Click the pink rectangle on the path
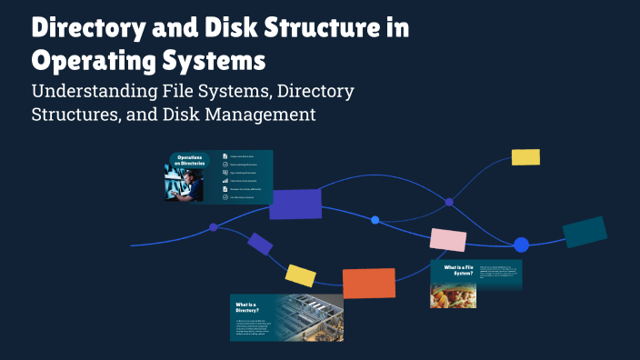(x=448, y=239)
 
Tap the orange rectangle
(x=368, y=283)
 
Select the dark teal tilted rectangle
(x=585, y=232)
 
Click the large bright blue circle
(x=521, y=245)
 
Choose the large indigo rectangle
(x=295, y=205)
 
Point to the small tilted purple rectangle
(x=260, y=244)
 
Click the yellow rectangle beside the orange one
(x=300, y=275)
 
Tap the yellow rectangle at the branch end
(x=525, y=156)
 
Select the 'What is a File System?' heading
(x=459, y=271)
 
